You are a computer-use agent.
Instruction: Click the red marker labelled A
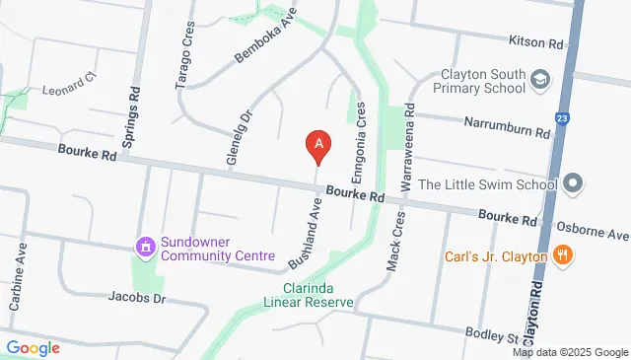(x=317, y=147)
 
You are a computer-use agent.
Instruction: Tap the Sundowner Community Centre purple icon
(x=146, y=246)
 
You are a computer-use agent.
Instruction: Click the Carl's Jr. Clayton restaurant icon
(x=563, y=256)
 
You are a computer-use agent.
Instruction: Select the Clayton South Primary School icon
(x=540, y=78)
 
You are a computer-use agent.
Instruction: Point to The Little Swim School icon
(x=576, y=183)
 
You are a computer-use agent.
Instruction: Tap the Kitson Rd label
(x=535, y=43)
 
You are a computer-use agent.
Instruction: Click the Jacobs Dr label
(x=135, y=296)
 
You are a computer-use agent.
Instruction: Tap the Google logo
(x=33, y=347)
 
